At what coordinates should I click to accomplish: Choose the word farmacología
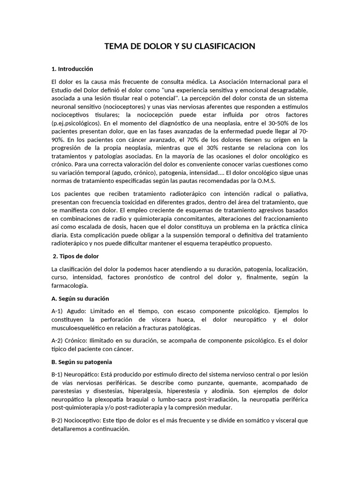[70, 286]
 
